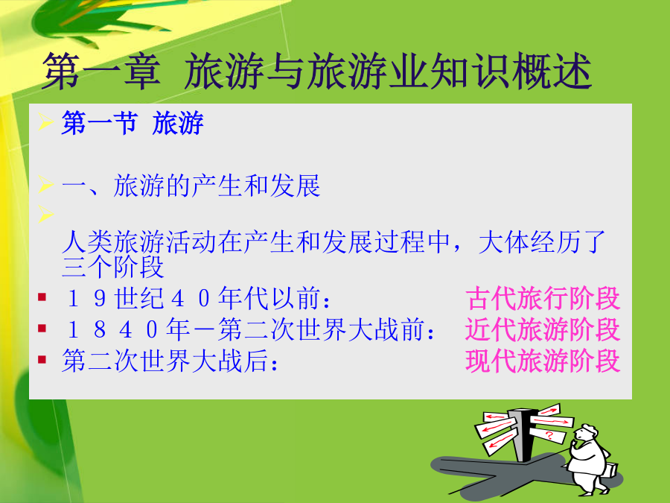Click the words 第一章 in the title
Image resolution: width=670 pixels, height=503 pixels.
click(x=102, y=72)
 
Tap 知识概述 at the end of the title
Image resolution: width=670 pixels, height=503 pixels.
click(x=511, y=72)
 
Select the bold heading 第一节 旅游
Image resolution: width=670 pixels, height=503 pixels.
click(x=133, y=123)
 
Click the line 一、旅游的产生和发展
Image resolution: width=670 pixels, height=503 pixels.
click(x=191, y=186)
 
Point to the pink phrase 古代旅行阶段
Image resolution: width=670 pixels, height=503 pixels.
click(x=543, y=298)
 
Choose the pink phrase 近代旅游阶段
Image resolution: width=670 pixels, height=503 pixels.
click(x=543, y=329)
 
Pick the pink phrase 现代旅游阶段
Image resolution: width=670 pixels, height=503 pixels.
click(x=543, y=361)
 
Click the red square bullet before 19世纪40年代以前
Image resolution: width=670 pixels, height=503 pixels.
click(x=42, y=297)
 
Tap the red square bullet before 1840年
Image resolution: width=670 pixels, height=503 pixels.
click(x=42, y=328)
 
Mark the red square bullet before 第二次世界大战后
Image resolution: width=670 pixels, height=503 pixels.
click(x=42, y=359)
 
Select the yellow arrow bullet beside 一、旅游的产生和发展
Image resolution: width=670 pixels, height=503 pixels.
click(x=45, y=184)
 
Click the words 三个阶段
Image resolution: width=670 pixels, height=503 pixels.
click(x=113, y=267)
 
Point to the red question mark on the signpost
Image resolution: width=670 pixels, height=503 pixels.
click(x=549, y=436)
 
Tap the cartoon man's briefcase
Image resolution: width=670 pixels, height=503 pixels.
click(x=611, y=470)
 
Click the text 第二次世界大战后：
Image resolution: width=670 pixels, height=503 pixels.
click(x=170, y=361)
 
